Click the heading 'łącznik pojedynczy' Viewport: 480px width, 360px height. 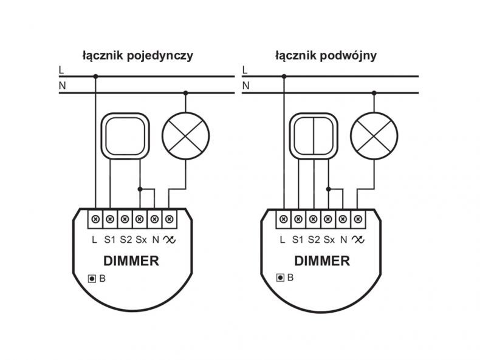click(x=138, y=56)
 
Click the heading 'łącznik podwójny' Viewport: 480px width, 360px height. click(x=326, y=56)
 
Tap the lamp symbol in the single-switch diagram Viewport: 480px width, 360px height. click(x=185, y=136)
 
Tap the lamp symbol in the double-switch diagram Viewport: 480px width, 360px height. click(x=374, y=136)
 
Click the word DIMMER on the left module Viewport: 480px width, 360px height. click(x=131, y=261)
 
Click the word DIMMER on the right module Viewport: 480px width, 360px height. click(x=322, y=261)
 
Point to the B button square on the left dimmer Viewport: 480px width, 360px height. click(x=92, y=279)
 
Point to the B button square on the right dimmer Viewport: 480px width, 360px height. click(x=280, y=277)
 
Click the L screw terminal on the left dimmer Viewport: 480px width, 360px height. click(x=95, y=219)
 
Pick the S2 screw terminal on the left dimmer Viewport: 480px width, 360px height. click(x=125, y=219)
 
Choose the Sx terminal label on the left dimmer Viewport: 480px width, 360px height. click(x=141, y=240)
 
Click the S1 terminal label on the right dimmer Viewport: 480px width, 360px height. click(x=298, y=240)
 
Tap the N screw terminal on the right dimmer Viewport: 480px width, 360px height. click(x=343, y=219)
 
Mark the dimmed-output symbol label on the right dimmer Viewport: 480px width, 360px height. click(x=358, y=239)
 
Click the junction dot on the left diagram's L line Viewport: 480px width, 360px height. click(x=95, y=76)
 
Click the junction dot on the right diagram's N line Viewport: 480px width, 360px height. click(x=374, y=93)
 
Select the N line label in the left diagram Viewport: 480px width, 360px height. click(x=62, y=86)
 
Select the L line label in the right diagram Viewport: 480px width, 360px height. click(x=244, y=70)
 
